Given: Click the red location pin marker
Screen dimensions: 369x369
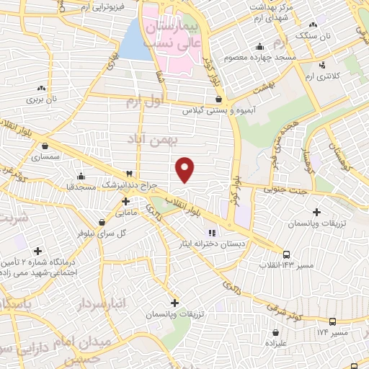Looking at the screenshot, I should (185, 169).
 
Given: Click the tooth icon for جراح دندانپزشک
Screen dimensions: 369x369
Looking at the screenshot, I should (129, 174).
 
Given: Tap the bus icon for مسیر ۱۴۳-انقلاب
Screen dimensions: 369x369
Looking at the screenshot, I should (287, 254).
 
